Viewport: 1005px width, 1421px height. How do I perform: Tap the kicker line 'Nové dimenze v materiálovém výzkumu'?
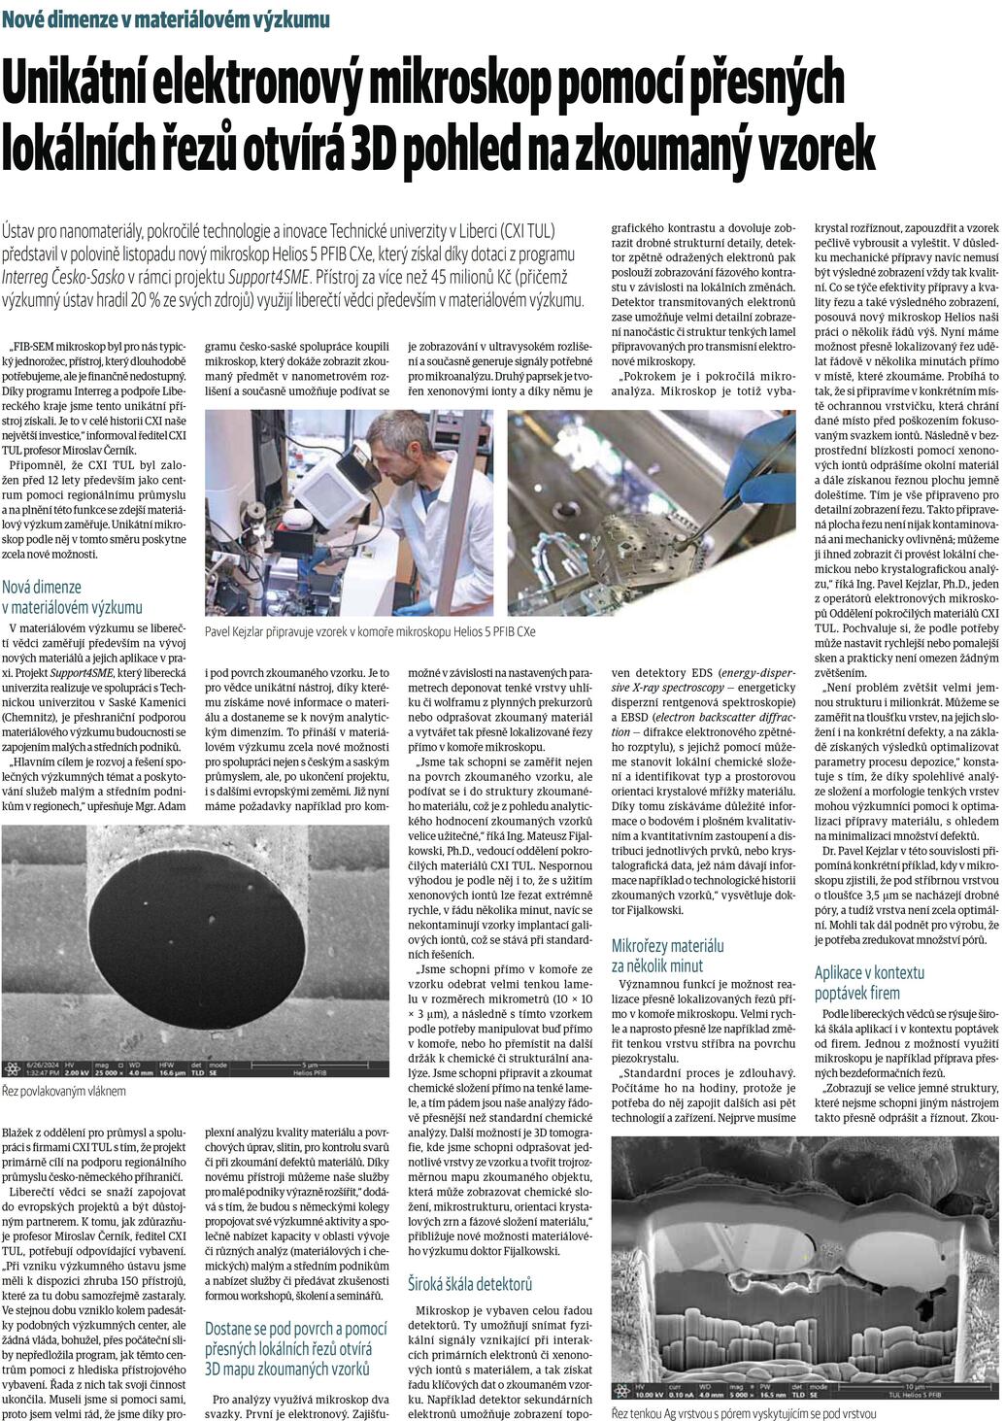pyautogui.click(x=165, y=18)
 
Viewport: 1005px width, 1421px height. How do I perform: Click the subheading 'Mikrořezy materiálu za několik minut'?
pyautogui.click(x=668, y=955)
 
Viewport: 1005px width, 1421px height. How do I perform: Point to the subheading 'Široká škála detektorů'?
pyautogui.click(x=469, y=1284)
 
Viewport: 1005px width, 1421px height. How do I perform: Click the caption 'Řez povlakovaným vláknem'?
pyautogui.click(x=64, y=1091)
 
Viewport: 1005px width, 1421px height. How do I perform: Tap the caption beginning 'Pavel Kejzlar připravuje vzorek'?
pyautogui.click(x=370, y=631)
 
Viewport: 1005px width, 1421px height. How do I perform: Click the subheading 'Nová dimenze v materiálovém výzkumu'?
pyautogui.click(x=72, y=597)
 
